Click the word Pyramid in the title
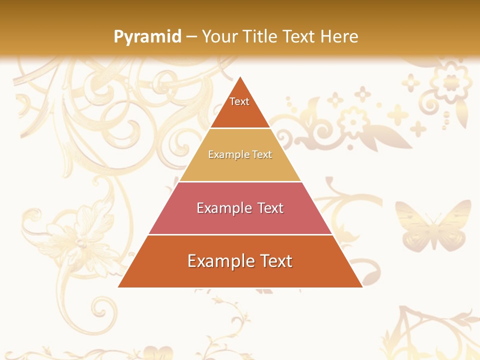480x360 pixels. (x=147, y=36)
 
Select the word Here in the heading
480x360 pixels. (x=339, y=36)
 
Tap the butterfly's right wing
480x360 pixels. (x=452, y=220)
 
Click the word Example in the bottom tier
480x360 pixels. (x=219, y=261)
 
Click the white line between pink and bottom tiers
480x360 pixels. (x=240, y=234)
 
